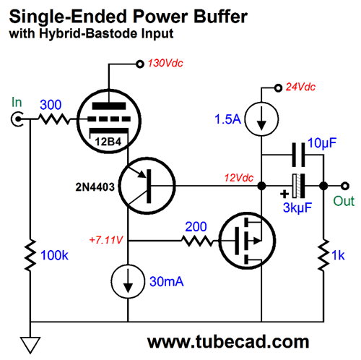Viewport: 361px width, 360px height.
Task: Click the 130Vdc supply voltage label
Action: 165,63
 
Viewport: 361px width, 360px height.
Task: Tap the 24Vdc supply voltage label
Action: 300,87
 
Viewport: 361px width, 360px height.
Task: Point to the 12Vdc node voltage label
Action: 239,178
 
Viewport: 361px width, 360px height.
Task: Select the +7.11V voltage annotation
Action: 106,240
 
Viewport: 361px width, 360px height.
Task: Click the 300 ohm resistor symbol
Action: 54,119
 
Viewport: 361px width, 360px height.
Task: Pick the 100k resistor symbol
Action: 30,255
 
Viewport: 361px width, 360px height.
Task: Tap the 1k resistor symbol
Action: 323,255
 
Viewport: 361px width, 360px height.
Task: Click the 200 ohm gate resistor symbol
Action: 197,241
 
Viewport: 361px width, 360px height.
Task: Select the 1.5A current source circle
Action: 261,119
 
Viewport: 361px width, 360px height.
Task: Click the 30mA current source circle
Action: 128,281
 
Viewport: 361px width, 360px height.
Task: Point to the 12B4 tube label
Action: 108,142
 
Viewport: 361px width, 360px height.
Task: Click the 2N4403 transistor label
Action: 95,187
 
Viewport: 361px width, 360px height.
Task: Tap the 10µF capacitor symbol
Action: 298,155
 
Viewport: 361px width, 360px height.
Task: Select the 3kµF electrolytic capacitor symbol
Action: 298,186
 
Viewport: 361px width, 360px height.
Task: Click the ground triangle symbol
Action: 30,346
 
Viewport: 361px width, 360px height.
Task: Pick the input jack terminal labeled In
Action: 17,119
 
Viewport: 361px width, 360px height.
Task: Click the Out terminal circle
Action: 345,186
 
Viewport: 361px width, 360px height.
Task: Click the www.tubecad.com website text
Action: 228,342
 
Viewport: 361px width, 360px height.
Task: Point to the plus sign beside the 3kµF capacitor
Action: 284,194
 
